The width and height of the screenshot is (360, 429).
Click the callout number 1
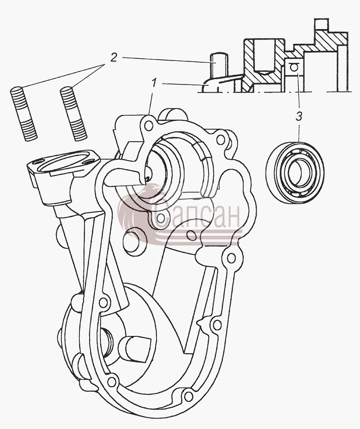click(x=154, y=83)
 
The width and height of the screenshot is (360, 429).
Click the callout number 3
click(x=299, y=117)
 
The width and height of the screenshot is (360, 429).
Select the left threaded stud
click(x=24, y=114)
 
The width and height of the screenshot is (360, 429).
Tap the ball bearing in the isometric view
click(x=295, y=172)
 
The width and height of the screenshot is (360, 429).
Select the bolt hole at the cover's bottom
click(x=188, y=396)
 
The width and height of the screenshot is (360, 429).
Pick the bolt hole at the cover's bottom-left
click(x=111, y=381)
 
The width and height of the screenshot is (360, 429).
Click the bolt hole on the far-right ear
click(x=231, y=257)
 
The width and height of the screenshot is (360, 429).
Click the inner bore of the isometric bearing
click(x=297, y=172)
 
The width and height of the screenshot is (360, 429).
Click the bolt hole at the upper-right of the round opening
click(x=220, y=140)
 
